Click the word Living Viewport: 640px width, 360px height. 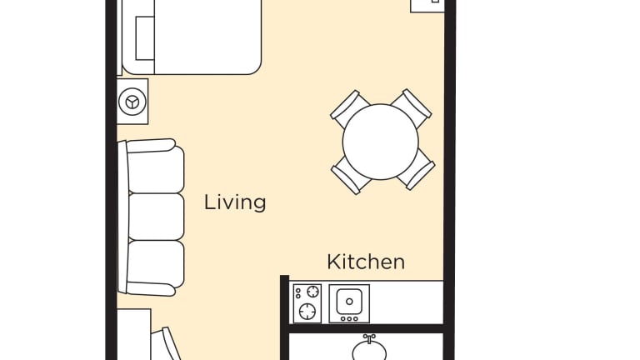(235, 202)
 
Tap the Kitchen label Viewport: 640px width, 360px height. (366, 262)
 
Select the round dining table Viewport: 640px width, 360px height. (380, 142)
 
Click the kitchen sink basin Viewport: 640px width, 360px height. (349, 302)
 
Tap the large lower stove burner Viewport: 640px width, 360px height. (307, 312)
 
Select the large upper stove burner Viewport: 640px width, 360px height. (312, 292)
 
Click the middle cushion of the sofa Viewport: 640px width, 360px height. (156, 217)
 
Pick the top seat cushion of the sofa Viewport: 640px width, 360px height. (156, 169)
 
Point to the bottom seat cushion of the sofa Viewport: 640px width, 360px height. (156, 264)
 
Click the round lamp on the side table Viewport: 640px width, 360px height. (132, 102)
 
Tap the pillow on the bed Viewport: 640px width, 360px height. (145, 38)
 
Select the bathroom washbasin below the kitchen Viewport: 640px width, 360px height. (369, 351)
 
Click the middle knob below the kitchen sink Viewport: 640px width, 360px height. (349, 319)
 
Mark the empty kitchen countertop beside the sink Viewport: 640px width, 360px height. (407, 302)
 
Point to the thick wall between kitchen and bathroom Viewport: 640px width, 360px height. (366, 328)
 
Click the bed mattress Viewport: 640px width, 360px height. (192, 37)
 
